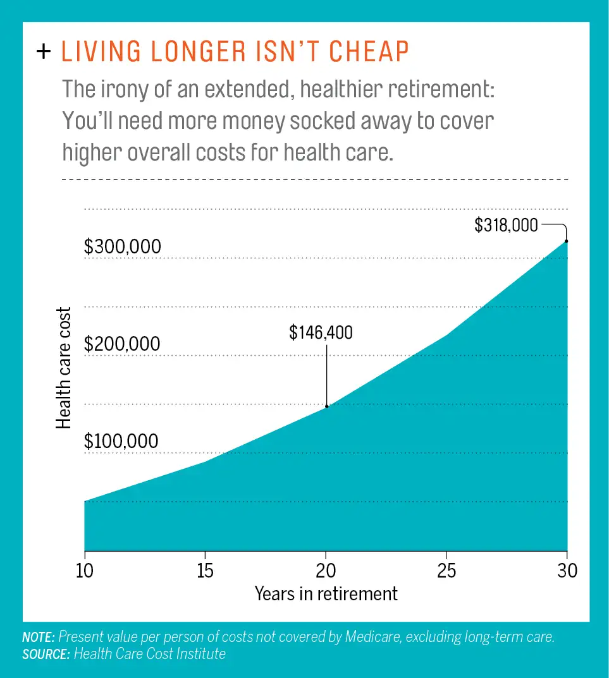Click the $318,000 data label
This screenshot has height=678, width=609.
coord(506,225)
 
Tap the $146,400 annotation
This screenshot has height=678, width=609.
coord(321,333)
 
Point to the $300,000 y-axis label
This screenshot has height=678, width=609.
coord(123,247)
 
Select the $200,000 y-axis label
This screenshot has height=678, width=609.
coord(123,344)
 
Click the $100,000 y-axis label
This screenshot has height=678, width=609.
coord(121,441)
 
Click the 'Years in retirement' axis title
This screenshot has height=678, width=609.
coord(326,594)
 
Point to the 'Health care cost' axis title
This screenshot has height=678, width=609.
coord(64,368)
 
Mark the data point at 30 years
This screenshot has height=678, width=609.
coord(567,241)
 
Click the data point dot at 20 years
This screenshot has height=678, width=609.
coord(326,406)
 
